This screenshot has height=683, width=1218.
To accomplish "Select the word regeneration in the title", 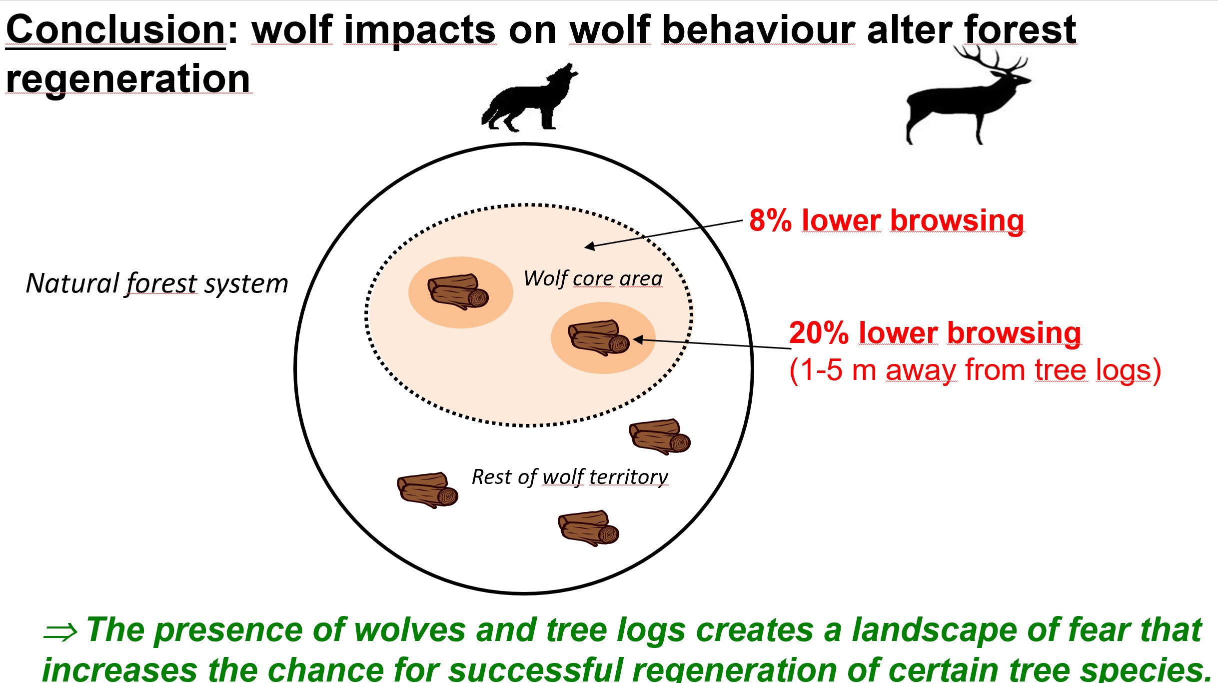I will pyautogui.click(x=128, y=79).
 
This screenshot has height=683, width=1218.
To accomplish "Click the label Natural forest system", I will pyautogui.click(x=157, y=283).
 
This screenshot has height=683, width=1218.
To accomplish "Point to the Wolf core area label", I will pyautogui.click(x=593, y=278).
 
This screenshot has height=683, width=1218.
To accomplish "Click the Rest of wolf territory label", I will pyautogui.click(x=570, y=477).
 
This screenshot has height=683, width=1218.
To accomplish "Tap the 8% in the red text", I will pyautogui.click(x=770, y=220).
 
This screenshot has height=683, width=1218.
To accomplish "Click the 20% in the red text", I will pyautogui.click(x=818, y=333).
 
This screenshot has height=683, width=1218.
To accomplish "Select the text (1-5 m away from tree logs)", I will pyautogui.click(x=975, y=370).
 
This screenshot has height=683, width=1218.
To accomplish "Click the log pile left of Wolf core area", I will pyautogui.click(x=458, y=291).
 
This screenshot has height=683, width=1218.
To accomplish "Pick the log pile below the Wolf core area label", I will pyautogui.click(x=599, y=338).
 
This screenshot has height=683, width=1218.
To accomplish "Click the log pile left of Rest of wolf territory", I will pyautogui.click(x=428, y=490).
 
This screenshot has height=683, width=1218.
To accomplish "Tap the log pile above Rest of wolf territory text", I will pyautogui.click(x=660, y=436).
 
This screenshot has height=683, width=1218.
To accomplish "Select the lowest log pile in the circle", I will pyautogui.click(x=589, y=528).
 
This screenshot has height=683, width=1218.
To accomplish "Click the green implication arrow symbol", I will pyautogui.click(x=60, y=632).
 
